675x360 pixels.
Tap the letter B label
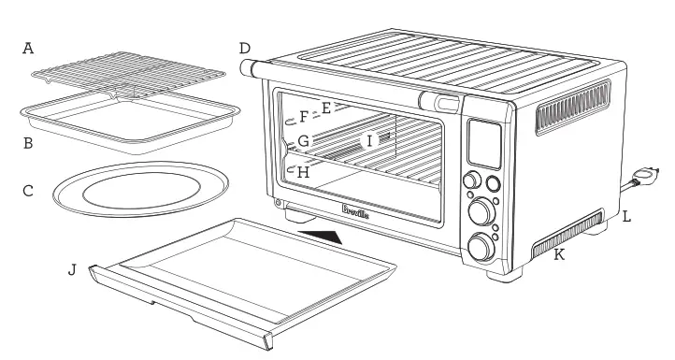[x=28, y=144]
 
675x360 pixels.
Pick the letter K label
[x=559, y=254]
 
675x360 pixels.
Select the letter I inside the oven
[x=369, y=139]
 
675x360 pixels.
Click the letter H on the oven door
[x=300, y=172]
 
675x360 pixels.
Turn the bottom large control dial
[x=481, y=248]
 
